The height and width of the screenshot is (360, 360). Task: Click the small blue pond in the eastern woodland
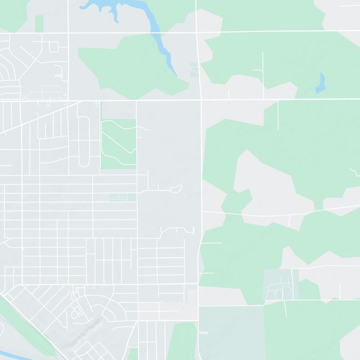[320, 83]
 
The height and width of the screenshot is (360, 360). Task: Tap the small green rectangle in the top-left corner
[39, 23]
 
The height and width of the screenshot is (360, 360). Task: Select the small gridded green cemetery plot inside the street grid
[123, 197]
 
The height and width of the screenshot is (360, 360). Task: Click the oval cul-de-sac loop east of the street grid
[176, 189]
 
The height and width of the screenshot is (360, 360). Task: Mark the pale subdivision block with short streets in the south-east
[280, 284]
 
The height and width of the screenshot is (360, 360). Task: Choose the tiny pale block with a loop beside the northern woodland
[194, 70]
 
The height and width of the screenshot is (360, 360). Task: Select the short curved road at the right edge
[355, 171]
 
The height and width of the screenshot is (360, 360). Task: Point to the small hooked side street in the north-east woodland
[260, 72]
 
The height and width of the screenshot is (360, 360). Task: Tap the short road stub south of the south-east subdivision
[285, 308]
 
